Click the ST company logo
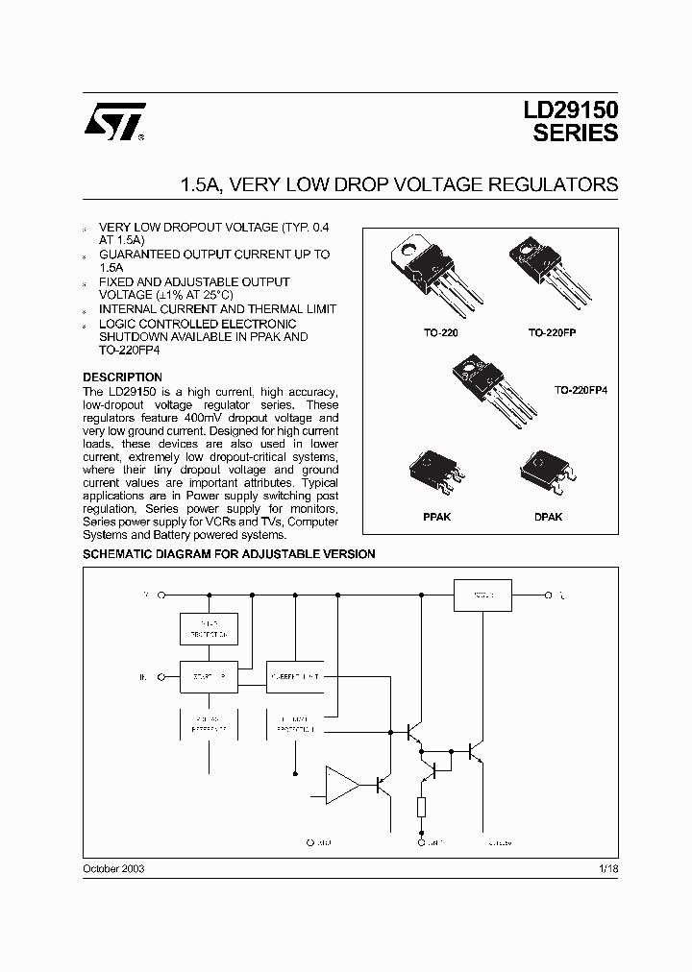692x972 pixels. [x=114, y=121]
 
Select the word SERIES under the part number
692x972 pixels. [x=576, y=134]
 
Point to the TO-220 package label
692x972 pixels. [x=420, y=331]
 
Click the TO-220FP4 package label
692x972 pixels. [x=582, y=391]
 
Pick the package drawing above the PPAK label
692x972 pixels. [x=438, y=474]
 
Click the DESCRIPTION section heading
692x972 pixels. [x=122, y=377]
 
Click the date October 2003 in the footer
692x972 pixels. [x=113, y=867]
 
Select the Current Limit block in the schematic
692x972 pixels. [x=295, y=676]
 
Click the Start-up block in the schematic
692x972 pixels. [x=209, y=676]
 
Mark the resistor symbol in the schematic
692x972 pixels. [x=421, y=806]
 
